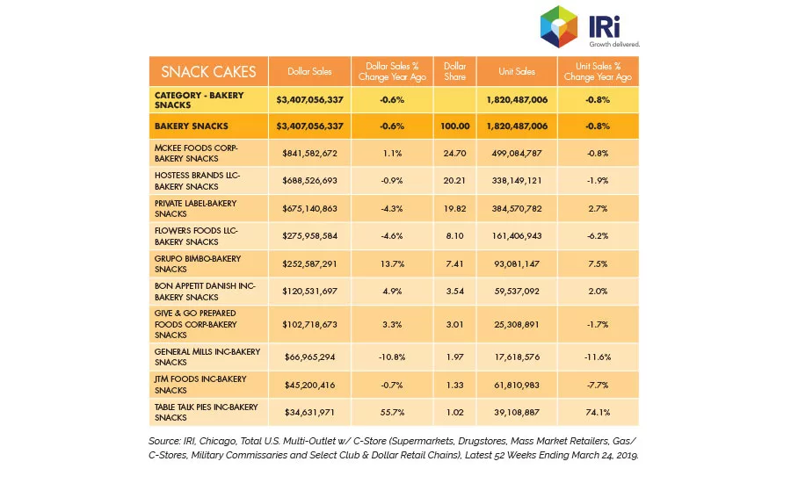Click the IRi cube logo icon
pos(558,26)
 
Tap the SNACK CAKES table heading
pos(208,72)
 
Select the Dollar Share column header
pos(454,71)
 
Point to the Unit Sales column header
pos(517,71)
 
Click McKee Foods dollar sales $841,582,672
pos(309,153)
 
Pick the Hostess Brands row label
pos(197,181)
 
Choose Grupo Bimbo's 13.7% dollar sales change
pos(392,263)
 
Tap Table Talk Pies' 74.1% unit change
pos(598,412)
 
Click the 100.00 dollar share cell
pos(454,126)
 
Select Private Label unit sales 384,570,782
pos(517,208)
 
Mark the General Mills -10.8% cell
pos(392,357)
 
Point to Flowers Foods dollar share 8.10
pos(454,235)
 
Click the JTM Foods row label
pos(200,384)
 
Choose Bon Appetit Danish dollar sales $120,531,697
pos(309,291)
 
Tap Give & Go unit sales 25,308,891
pos(517,324)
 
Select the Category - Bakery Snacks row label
pos(199,100)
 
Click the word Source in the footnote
pos(164,441)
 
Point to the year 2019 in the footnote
pos(627,455)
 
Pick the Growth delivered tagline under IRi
pos(614,45)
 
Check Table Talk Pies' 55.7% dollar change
pos(392,412)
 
